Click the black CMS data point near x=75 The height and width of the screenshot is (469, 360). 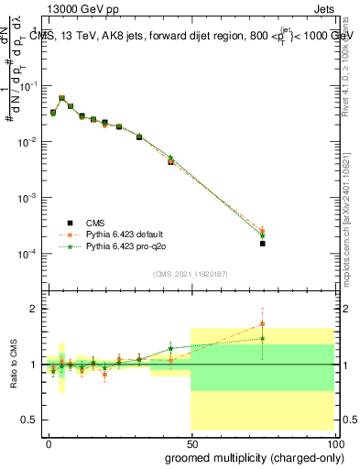coord(262,244)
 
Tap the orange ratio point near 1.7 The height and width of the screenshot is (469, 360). coord(262,323)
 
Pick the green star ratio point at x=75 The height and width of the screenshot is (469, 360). coord(262,338)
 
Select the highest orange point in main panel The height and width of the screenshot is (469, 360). coord(61,97)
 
